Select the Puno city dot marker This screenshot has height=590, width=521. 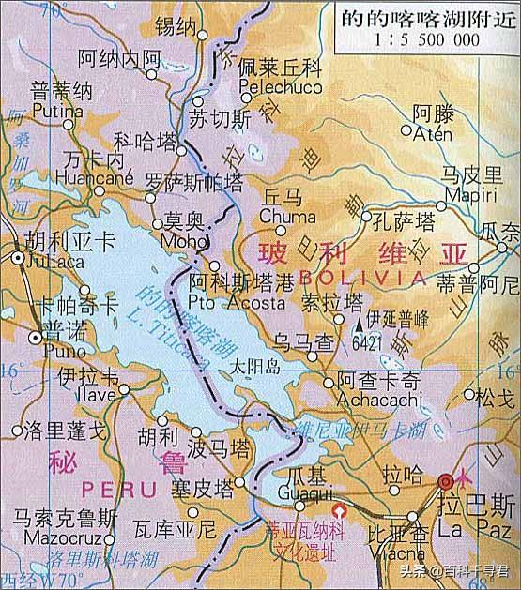[35, 336]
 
